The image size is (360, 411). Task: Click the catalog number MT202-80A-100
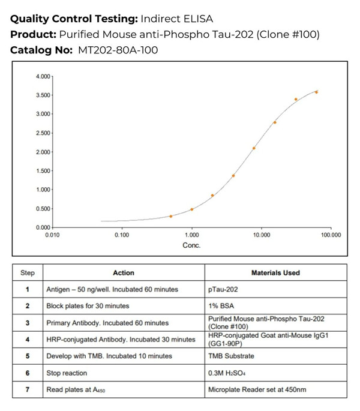point(118,50)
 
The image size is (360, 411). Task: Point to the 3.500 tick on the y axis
point(43,95)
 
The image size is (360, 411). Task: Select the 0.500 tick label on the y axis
point(43,209)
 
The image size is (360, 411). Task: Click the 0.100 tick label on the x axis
point(122,235)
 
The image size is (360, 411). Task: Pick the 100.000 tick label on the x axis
point(330,235)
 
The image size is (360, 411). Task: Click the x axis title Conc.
point(191,245)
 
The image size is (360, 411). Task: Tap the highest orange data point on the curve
point(316,92)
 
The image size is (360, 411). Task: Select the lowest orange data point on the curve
point(171,216)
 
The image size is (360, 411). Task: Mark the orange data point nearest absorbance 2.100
point(254,148)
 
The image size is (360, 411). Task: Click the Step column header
point(28,273)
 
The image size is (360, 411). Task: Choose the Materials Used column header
point(275,273)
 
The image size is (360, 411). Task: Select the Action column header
point(124,273)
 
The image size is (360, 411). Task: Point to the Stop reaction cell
point(67,373)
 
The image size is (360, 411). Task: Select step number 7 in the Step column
point(28,390)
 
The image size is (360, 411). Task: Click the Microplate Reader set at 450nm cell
point(256,390)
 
